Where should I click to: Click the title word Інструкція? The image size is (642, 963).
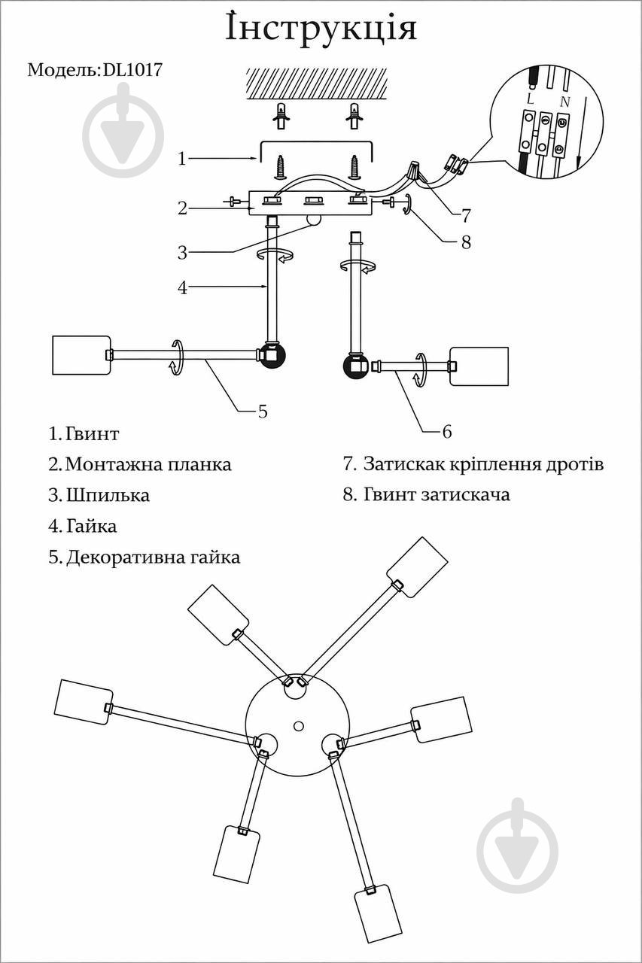[321, 29]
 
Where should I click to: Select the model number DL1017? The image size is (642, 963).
[132, 70]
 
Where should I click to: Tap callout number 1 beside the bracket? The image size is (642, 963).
[182, 159]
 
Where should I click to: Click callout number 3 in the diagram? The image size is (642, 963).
[182, 252]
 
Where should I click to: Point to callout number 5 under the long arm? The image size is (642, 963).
[263, 411]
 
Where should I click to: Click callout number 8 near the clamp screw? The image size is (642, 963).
[466, 242]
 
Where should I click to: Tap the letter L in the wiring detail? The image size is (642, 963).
[530, 99]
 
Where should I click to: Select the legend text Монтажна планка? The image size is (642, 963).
[148, 464]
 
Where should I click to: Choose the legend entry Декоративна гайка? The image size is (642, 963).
[153, 557]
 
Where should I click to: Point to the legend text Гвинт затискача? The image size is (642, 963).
[437, 495]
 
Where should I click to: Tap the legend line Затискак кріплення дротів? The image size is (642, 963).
[483, 464]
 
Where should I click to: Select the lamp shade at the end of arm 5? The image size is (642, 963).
[81, 354]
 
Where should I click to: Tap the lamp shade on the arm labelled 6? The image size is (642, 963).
[479, 366]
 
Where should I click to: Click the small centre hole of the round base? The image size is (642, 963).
[299, 726]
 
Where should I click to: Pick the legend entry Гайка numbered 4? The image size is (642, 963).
[91, 526]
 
